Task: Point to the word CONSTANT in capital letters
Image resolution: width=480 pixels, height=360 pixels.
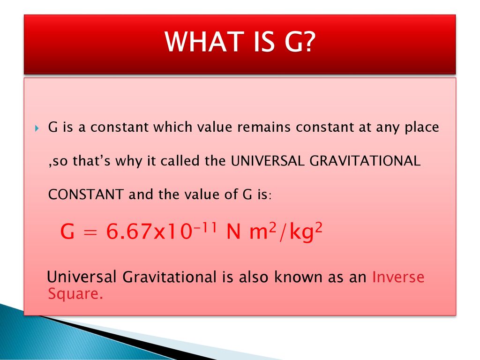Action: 86,195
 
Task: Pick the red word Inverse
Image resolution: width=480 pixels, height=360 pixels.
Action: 398,277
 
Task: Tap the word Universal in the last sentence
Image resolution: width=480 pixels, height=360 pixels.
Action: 82,277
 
